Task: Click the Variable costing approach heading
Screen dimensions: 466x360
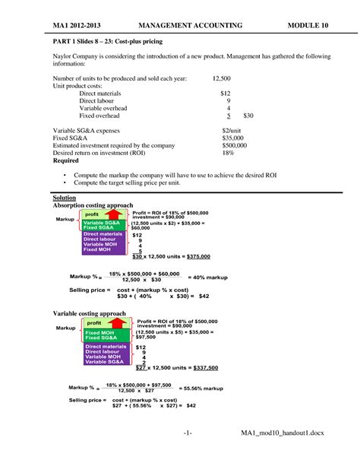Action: (88, 312)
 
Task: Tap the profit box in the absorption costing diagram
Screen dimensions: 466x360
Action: (92, 215)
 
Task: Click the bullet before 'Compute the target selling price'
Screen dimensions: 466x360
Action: (64, 183)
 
